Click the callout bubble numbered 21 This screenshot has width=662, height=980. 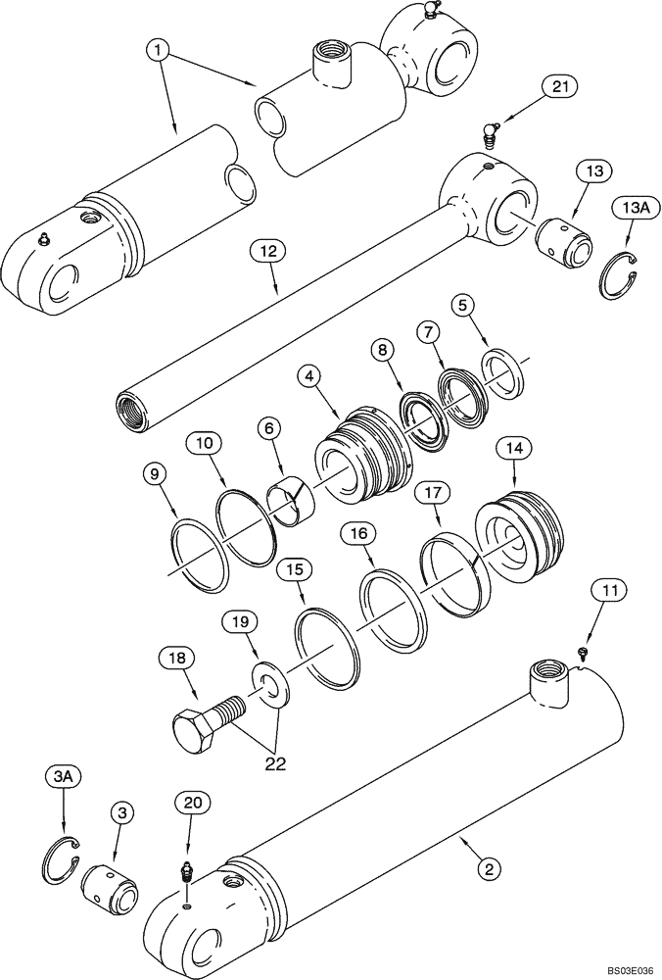point(558,88)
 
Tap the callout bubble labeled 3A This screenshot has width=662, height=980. point(61,776)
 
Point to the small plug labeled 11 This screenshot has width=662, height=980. point(583,651)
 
